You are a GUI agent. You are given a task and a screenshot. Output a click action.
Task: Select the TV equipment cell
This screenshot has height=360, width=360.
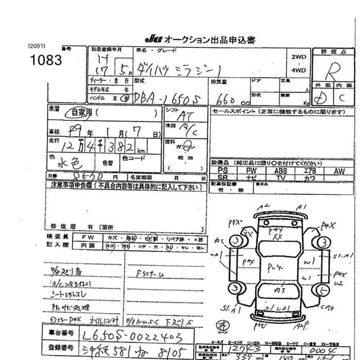click(x=280, y=178)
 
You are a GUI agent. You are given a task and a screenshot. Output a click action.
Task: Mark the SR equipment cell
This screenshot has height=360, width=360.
click(x=222, y=178)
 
